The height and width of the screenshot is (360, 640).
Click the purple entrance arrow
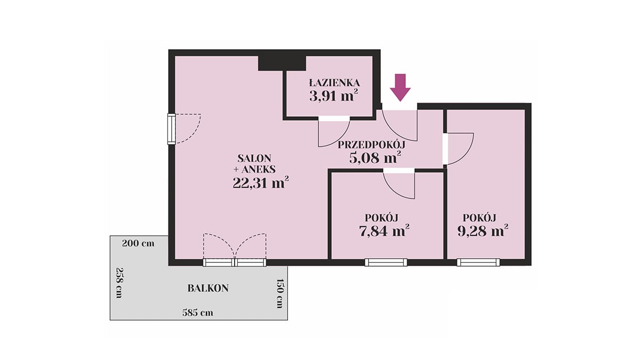coord(401,87)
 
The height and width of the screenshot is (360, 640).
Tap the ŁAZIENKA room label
coord(334,83)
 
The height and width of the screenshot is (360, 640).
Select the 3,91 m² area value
coord(334,96)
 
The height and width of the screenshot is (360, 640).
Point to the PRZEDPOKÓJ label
coord(371,145)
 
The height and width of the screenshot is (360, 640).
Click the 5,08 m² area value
coord(375,157)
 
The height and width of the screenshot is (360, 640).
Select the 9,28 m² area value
coord(483,231)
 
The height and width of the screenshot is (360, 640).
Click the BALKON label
coord(208,288)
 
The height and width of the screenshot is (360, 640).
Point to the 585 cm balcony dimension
coord(198,313)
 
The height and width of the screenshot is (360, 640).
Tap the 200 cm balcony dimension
coord(138,243)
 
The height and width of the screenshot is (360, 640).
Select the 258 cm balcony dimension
coord(119,283)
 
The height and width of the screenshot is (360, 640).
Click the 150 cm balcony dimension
coord(279,293)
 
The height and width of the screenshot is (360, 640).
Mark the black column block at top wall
coord(282,63)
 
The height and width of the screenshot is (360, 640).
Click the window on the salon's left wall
coord(171,129)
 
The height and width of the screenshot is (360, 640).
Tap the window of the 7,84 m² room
coord(386,262)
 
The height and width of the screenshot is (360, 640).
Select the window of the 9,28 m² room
coord(478,262)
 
